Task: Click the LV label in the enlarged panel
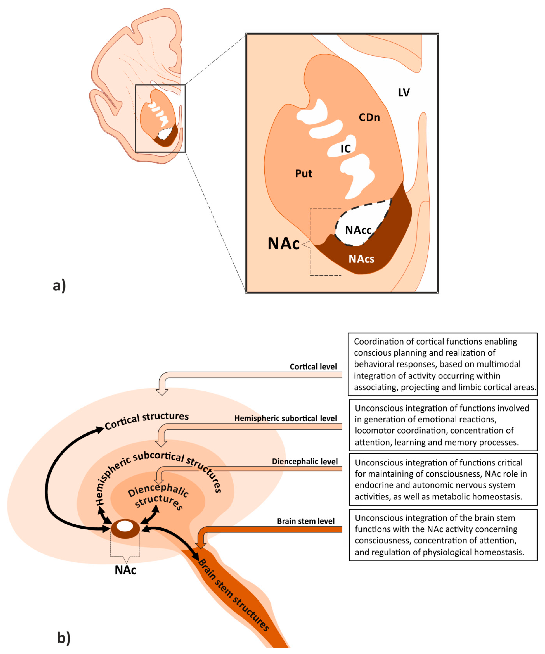404,93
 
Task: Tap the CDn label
369,117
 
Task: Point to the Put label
303,173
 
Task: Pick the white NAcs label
361,259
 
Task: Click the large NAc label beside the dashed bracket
283,244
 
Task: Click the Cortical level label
313,367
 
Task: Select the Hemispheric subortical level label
286,418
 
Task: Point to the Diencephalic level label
305,461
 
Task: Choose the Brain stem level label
306,521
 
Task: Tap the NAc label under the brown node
126,570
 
